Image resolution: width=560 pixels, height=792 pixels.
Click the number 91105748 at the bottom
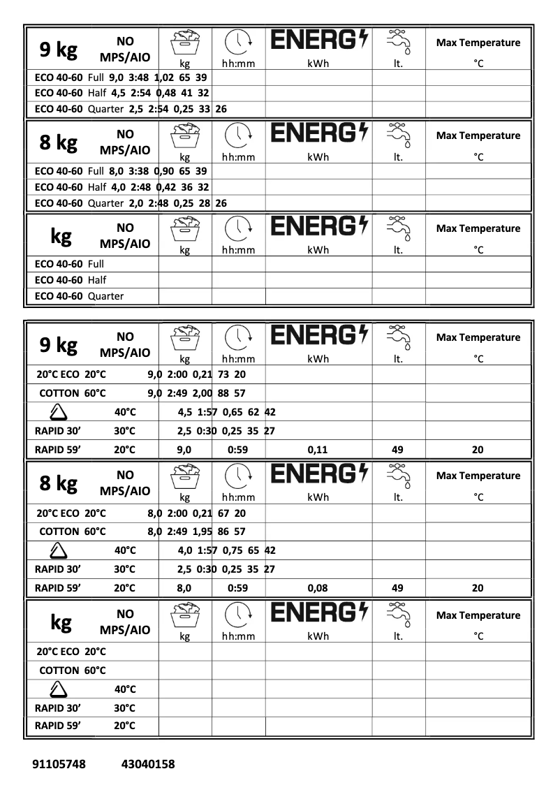click(x=59, y=764)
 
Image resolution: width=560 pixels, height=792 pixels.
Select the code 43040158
click(x=148, y=764)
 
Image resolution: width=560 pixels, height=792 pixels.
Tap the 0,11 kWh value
click(x=318, y=450)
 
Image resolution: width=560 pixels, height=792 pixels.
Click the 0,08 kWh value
click(x=318, y=588)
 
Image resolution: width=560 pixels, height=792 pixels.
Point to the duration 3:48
click(x=140, y=77)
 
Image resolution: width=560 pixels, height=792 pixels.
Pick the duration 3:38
click(x=140, y=170)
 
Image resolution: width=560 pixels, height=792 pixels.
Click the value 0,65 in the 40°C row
click(x=233, y=412)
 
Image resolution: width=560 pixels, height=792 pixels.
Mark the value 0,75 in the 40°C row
click(x=233, y=550)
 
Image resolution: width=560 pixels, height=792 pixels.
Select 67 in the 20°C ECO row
click(x=224, y=513)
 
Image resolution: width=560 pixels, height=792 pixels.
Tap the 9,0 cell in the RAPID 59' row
click(x=184, y=450)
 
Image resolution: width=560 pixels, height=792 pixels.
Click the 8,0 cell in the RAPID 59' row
click(x=184, y=588)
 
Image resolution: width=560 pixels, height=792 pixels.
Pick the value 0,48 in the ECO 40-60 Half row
click(x=166, y=92)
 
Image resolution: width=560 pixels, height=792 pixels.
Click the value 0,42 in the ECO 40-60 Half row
click(x=166, y=186)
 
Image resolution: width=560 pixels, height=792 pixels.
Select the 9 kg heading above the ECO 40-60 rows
click(x=58, y=50)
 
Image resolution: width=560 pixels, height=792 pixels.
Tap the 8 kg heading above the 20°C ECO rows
click(x=58, y=483)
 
